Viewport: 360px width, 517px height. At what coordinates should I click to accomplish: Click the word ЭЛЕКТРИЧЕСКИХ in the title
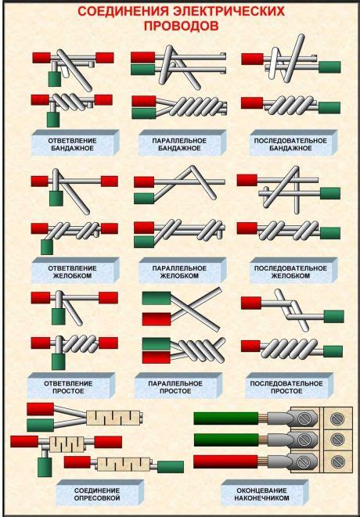coord(229,12)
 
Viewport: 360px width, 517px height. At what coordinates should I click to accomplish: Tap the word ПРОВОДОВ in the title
coord(181,26)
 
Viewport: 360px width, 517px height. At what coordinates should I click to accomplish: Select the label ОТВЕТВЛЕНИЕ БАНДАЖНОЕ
coord(72,145)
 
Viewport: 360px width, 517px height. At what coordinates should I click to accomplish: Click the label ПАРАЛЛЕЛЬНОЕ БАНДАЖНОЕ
coord(179,145)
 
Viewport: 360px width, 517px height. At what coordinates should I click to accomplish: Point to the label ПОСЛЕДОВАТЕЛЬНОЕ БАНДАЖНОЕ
coord(290,145)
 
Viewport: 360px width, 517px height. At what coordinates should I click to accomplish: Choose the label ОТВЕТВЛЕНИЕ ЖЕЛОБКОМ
coord(72,272)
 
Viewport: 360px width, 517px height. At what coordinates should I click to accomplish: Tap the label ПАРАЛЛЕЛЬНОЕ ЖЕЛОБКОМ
coord(179,272)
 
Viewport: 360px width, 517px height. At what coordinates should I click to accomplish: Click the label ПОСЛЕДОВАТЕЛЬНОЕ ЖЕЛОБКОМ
coord(290,272)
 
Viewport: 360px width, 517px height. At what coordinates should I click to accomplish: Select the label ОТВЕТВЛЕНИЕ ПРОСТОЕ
coord(68,387)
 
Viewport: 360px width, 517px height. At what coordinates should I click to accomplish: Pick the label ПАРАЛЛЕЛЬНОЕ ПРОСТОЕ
coord(175,387)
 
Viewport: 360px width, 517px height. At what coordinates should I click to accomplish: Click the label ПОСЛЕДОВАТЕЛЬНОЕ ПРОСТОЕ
coord(286,387)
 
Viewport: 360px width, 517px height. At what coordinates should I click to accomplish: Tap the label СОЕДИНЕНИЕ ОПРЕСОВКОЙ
coord(97,494)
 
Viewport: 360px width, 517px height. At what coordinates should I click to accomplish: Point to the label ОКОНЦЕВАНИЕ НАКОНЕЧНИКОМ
coord(261,494)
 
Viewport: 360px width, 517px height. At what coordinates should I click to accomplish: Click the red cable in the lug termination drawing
coord(226,461)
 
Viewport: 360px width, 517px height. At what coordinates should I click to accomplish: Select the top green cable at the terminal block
coord(226,418)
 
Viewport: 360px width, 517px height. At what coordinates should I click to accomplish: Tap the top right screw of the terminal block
coord(337,418)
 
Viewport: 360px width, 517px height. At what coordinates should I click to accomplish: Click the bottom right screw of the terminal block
coord(337,461)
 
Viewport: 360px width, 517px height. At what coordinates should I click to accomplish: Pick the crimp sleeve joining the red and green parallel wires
coord(113,418)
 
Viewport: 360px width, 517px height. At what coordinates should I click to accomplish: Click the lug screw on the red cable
coord(304,461)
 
